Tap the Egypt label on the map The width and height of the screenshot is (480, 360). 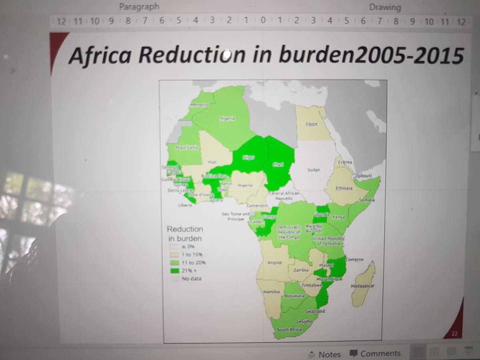coord(311,124)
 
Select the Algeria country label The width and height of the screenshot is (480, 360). coord(226,118)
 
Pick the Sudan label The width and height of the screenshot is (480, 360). coord(314,170)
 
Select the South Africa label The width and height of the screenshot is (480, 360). coord(287,329)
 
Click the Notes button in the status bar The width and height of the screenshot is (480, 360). coord(325,354)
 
